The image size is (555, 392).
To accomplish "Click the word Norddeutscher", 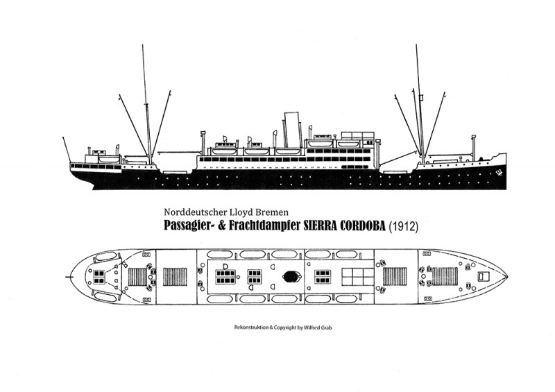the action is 189,212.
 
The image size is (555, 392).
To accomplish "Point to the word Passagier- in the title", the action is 189,226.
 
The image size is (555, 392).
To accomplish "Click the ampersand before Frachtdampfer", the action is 222,225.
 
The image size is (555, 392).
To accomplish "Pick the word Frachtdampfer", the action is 265,225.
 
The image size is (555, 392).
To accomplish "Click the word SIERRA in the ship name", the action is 320,226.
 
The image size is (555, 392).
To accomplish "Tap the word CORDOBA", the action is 362,226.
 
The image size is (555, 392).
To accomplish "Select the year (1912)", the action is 404,226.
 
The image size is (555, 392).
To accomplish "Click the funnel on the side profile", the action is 291,130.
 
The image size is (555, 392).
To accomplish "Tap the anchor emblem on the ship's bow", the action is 499,173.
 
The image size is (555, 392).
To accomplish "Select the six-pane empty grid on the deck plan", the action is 357,277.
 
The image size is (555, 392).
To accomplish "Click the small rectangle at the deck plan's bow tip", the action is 483,276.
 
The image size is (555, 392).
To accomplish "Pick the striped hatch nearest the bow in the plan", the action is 445,277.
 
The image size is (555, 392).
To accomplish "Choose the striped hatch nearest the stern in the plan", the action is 137,277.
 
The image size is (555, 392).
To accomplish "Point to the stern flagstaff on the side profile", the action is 67,150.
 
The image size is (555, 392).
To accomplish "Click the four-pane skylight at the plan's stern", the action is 99,277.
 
